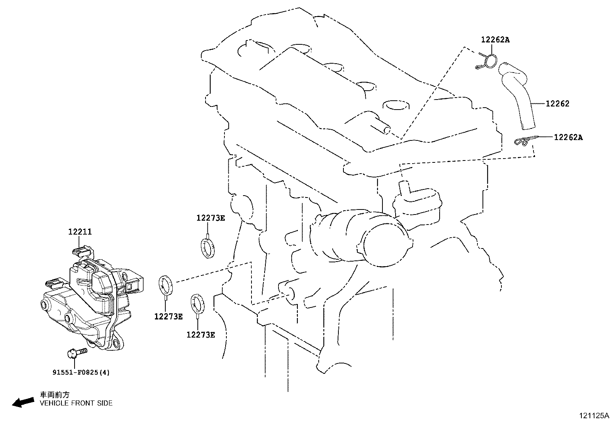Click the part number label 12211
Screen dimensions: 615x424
(x=80, y=232)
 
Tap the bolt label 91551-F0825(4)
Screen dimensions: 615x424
(x=81, y=372)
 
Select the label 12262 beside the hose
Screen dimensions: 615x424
(x=557, y=104)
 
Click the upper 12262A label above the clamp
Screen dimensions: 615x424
(x=495, y=40)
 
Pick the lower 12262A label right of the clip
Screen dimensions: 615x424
(x=568, y=137)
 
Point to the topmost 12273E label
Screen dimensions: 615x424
(x=211, y=218)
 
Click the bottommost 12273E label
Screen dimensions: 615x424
(x=201, y=335)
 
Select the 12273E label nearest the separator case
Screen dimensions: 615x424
(x=168, y=316)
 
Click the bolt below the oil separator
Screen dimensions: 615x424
(x=77, y=353)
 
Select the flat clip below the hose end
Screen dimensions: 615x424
(x=524, y=141)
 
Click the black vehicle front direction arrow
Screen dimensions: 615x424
(x=23, y=402)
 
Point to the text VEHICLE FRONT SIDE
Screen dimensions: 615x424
(x=76, y=403)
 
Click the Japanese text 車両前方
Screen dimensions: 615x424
(x=55, y=395)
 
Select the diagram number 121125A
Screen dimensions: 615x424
(x=594, y=416)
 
